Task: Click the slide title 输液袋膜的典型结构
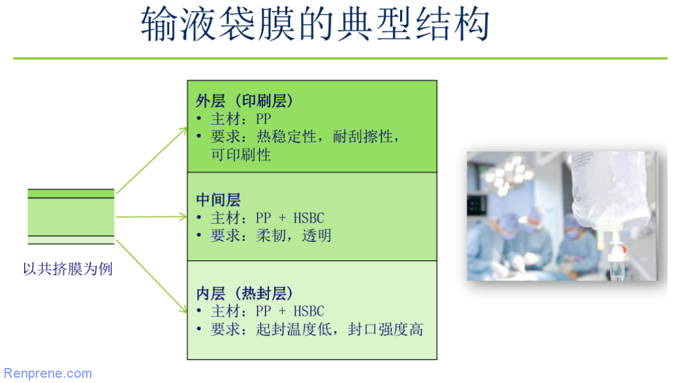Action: click(x=315, y=24)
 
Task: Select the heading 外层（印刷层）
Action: click(x=245, y=101)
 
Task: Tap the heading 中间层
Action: click(x=219, y=200)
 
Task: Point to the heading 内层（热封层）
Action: click(x=245, y=294)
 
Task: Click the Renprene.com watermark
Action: click(x=48, y=373)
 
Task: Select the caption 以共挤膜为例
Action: click(x=68, y=269)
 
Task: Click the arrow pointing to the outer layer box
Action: click(x=152, y=161)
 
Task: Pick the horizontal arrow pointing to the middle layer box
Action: click(x=152, y=217)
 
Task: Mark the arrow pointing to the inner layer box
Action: click(x=152, y=276)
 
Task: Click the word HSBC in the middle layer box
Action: click(x=309, y=218)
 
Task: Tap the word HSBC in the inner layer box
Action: click(x=309, y=311)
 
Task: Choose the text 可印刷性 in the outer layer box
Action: click(x=241, y=155)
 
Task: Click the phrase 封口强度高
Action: click(x=385, y=329)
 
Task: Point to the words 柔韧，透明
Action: click(x=294, y=236)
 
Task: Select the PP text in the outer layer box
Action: click(x=263, y=119)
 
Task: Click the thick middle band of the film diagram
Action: click(x=71, y=217)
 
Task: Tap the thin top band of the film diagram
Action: click(x=71, y=193)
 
